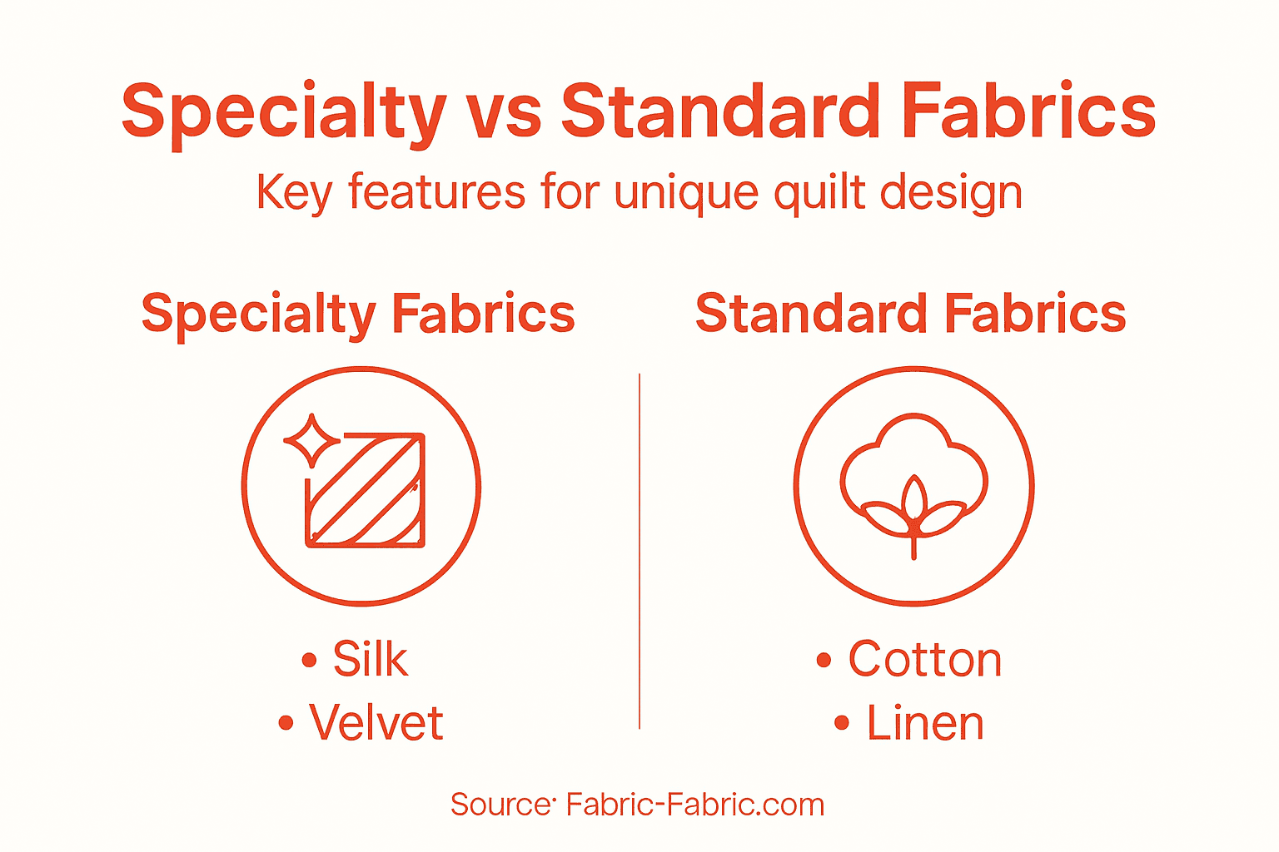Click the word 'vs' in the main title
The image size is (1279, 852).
503,112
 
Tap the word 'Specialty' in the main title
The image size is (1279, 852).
284,112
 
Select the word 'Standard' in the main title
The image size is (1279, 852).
720,112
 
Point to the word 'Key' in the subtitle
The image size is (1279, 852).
294,193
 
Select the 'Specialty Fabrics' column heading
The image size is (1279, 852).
358,314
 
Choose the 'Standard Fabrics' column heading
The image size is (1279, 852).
910,314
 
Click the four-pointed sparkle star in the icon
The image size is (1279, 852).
311,440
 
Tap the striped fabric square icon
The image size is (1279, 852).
366,491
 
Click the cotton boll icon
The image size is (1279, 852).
913,483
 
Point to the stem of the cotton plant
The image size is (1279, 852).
913,545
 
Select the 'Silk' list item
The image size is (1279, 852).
370,660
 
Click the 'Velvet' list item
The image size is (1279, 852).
376,722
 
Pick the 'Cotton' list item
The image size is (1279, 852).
924,660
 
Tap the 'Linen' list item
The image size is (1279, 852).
924,722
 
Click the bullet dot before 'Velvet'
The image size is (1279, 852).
286,723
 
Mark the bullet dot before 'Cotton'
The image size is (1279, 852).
824,661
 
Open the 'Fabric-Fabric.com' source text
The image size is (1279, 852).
694,805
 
